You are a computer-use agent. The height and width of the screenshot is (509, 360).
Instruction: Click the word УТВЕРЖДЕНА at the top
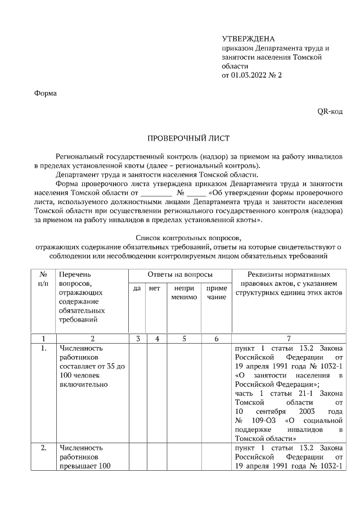[249, 39]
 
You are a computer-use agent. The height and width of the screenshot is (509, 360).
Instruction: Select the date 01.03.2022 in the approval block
[251, 75]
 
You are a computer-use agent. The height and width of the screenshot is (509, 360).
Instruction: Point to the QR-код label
[330, 111]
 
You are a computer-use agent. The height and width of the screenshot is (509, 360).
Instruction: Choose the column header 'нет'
[155, 289]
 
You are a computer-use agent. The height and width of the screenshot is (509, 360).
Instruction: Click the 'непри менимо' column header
[184, 292]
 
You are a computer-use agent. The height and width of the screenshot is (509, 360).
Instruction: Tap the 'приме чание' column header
[217, 292]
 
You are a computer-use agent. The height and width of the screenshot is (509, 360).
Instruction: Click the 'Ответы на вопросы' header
[180, 274]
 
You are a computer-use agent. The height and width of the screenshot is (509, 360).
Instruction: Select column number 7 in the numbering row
[289, 339]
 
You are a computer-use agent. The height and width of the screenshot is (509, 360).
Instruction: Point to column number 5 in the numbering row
[184, 339]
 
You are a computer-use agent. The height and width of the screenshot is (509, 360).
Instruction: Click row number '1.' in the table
[43, 348]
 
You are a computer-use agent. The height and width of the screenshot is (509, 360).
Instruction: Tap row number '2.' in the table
[43, 448]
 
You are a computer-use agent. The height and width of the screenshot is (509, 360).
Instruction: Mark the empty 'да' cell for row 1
[137, 393]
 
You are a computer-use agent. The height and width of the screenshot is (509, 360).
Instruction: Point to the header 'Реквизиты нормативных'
[289, 274]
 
